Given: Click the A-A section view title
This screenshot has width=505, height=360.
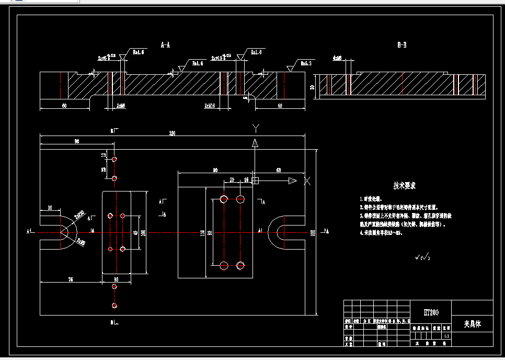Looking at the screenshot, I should tap(165, 45).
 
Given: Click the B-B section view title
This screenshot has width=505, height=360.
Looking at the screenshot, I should tap(401, 46).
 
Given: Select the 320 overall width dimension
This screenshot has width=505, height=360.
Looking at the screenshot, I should tap(172, 133).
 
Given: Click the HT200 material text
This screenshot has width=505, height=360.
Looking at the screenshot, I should tap(431, 312).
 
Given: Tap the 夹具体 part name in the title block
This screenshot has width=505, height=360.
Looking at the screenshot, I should tap(472, 324).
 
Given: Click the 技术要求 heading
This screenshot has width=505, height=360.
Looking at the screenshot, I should tap(405, 186).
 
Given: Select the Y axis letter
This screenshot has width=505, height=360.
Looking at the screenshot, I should tap(255, 128).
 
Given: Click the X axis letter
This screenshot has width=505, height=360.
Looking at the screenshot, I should tap(307, 181).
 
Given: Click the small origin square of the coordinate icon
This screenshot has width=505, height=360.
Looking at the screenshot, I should tap(255, 181).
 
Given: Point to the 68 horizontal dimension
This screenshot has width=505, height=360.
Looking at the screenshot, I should tap(279, 170).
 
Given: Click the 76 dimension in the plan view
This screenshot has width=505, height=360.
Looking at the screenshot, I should tap(71, 280).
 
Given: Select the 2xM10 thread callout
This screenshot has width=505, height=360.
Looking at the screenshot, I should tap(210, 105).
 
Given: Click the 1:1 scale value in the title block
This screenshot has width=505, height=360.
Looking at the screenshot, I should tap(446, 335).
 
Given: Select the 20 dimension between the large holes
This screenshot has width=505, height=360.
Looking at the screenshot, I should tap(232, 179).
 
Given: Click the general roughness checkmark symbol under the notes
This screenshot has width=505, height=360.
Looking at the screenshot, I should tap(422, 257).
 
